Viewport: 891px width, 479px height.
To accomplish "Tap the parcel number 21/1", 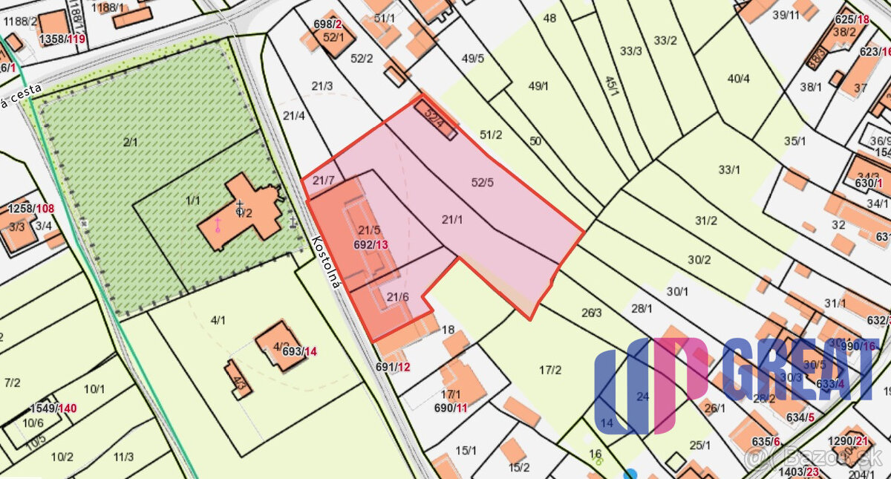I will tap(452, 219).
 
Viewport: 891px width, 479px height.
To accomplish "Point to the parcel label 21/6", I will tap(398, 296).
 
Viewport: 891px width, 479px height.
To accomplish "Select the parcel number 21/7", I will tap(324, 180).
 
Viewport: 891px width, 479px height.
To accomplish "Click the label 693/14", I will tap(300, 351).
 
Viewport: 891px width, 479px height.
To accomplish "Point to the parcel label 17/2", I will tap(550, 369).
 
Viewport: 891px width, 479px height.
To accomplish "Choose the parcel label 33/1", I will tap(729, 169).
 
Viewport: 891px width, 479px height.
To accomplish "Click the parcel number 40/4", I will tap(738, 79).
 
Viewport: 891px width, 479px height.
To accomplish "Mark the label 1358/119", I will tap(62, 39).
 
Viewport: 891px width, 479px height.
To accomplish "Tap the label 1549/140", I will tap(53, 408).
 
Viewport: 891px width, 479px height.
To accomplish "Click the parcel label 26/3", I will tap(591, 313).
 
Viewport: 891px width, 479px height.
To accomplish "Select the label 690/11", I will tap(451, 408).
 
